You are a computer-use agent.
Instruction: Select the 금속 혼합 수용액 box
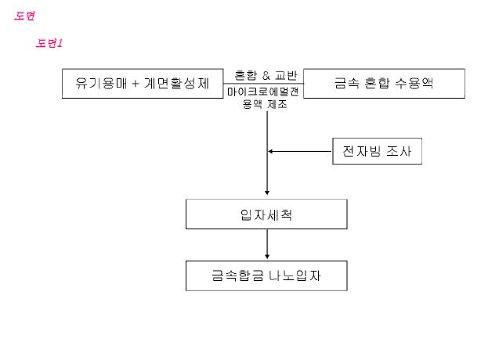pos(384,83)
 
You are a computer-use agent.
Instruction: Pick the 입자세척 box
pos(266,214)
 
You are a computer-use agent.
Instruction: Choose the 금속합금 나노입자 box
pos(266,276)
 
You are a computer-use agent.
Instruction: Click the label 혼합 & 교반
pos(266,76)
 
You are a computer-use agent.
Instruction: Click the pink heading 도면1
pos(49,43)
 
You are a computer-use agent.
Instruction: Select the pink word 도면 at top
pos(25,16)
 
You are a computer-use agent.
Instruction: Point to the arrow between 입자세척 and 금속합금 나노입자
pos(267,244)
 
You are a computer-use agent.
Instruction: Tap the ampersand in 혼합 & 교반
pos(266,76)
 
